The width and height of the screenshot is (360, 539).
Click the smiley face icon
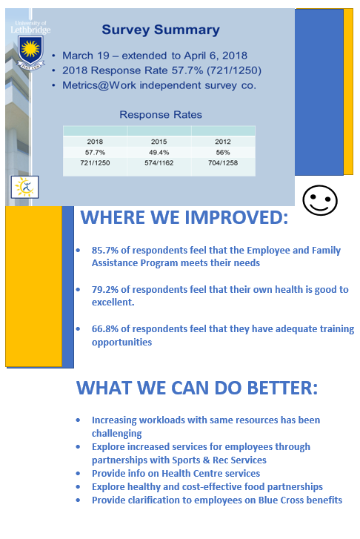coord(320,200)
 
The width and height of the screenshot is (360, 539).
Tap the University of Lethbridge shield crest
coord(30,50)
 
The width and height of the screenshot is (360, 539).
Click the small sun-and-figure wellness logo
coord(24,187)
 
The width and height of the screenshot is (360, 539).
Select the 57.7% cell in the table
coord(95,152)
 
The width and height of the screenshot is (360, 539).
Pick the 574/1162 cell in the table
coord(159,163)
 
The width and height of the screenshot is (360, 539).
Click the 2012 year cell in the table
coord(223,142)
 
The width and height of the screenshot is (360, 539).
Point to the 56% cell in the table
coord(223,152)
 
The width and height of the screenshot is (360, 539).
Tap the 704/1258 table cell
coord(223,163)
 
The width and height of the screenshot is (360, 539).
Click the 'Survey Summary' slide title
coord(161,30)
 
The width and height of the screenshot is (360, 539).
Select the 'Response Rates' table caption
coord(161,114)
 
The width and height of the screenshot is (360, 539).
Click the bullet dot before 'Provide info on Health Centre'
coord(78,473)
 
